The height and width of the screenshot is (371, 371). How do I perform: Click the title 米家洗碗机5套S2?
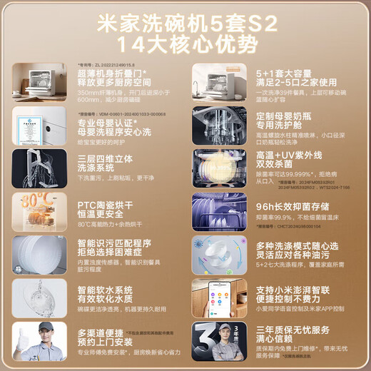[x=185, y=21]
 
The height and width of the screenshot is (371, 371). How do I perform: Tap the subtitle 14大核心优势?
[x=185, y=44]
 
